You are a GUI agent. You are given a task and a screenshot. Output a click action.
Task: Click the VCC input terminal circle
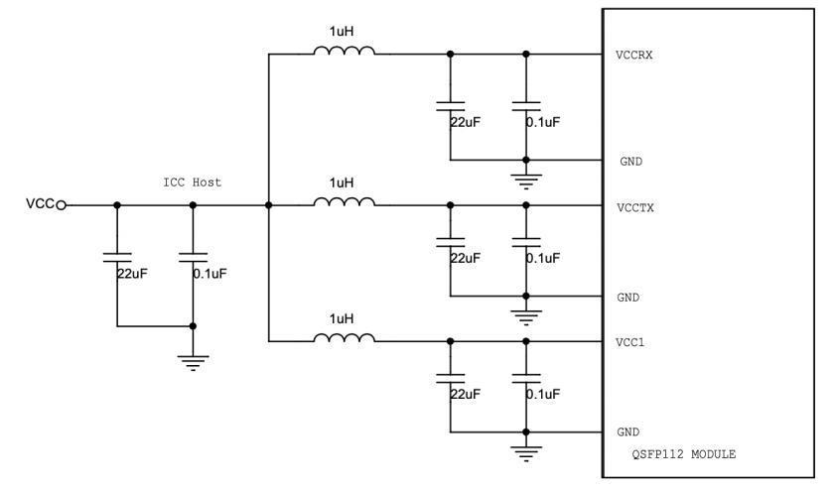[x=62, y=205]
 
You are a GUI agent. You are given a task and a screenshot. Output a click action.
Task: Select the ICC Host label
[x=193, y=183]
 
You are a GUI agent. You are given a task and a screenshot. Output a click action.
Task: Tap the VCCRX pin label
[x=633, y=55]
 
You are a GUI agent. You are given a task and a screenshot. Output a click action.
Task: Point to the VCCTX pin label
[x=633, y=207]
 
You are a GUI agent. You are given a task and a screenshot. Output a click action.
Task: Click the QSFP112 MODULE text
[x=684, y=454]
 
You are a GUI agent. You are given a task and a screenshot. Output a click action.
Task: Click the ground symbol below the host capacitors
[x=193, y=362]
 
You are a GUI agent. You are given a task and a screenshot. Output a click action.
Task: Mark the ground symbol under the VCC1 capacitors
[x=526, y=453]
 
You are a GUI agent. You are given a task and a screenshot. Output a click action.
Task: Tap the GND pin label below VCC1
[x=627, y=433]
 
